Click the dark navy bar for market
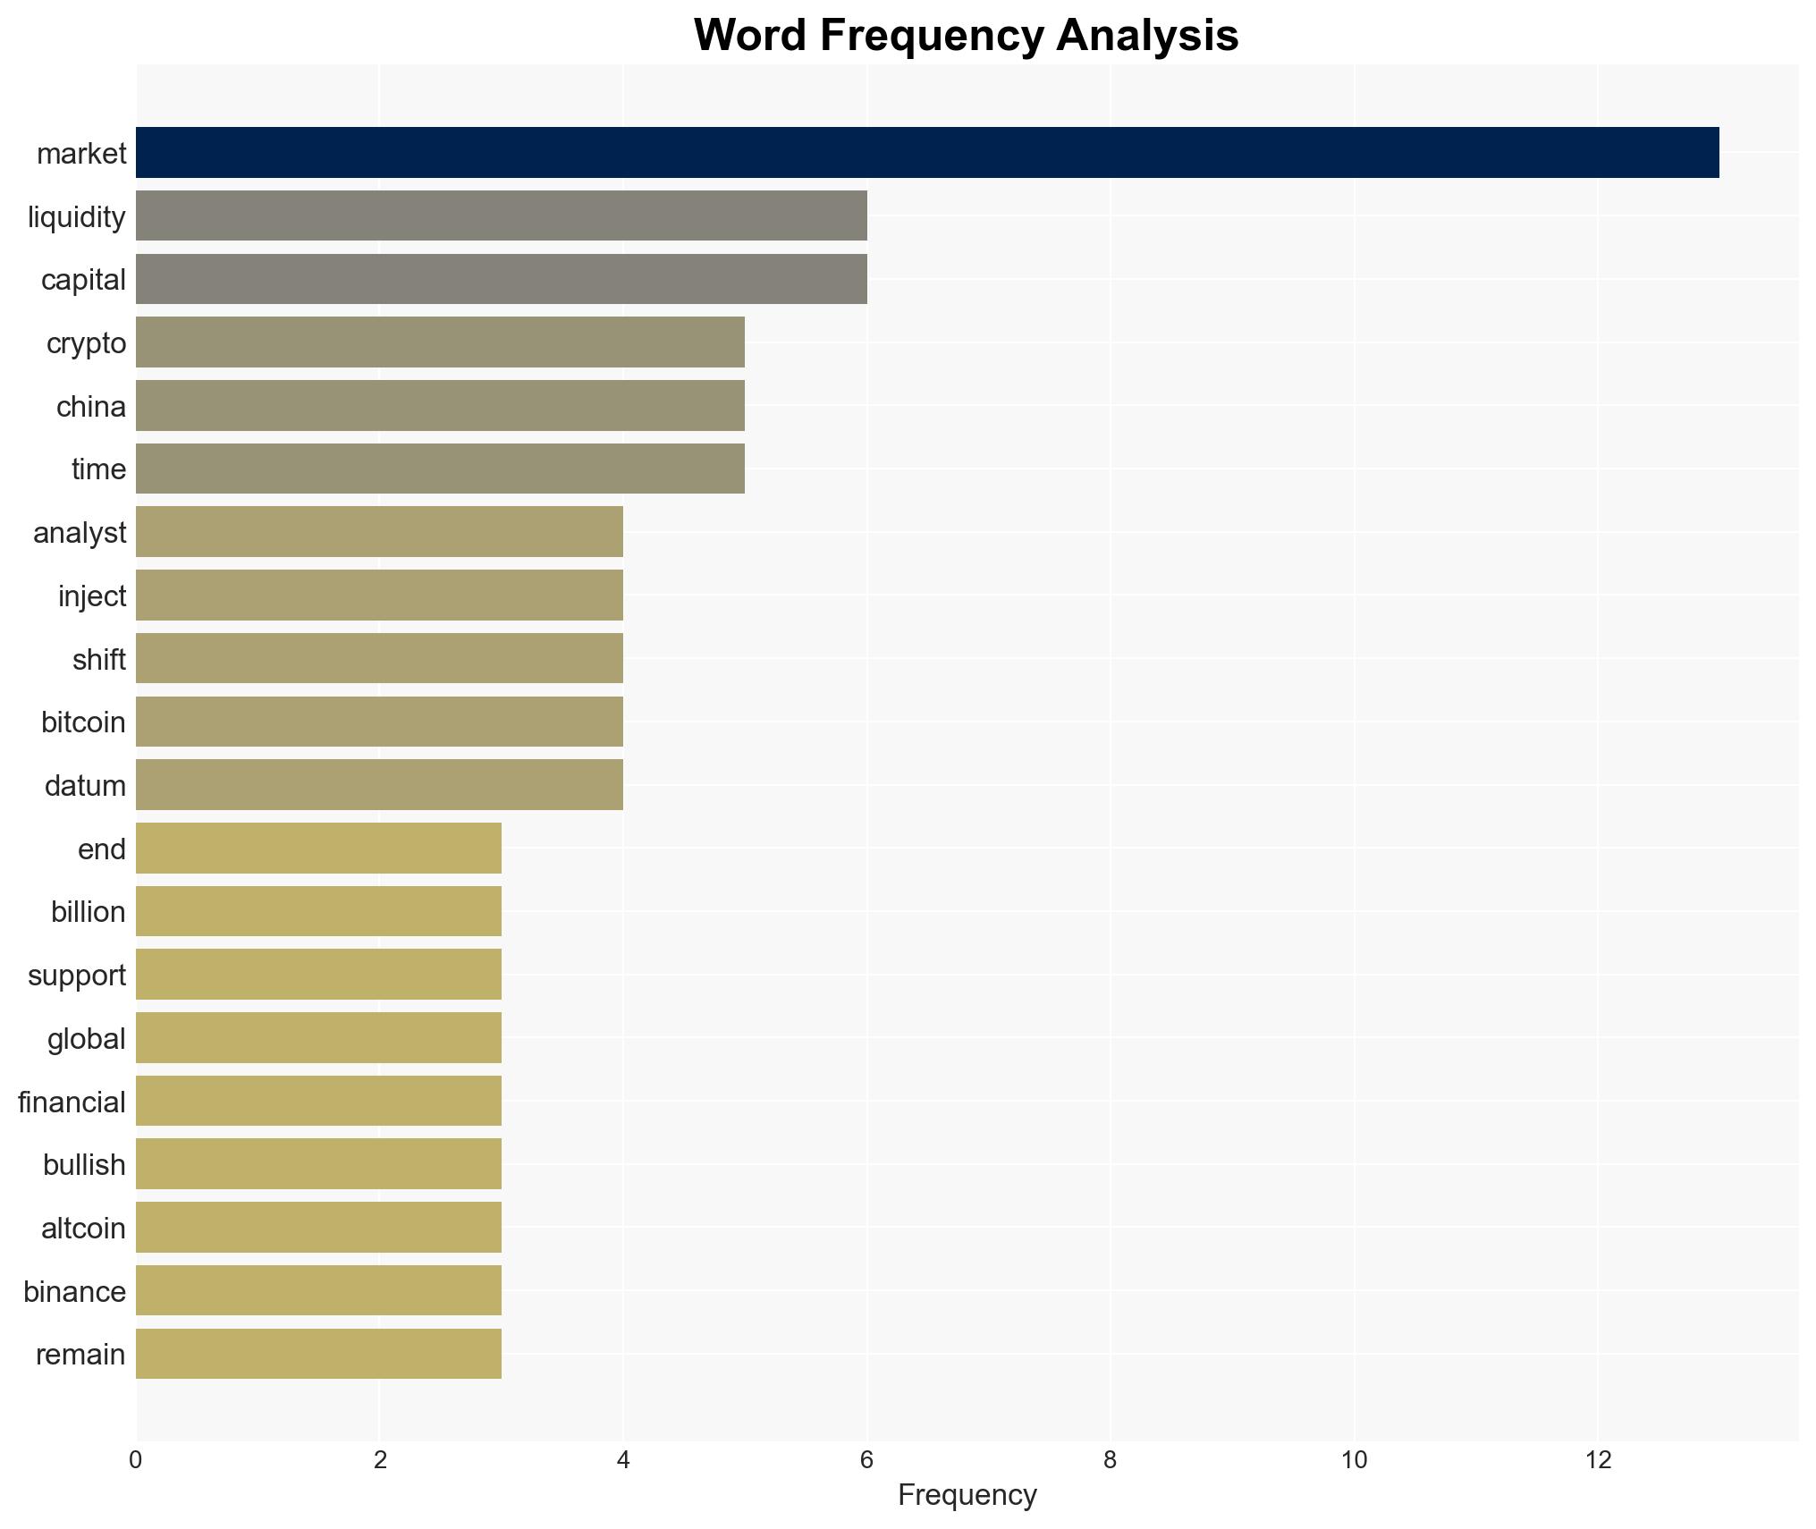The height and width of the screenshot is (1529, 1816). click(926, 153)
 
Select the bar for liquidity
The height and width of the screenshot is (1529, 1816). click(501, 215)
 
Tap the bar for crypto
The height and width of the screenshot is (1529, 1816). click(440, 342)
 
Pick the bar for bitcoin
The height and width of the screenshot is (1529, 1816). click(379, 722)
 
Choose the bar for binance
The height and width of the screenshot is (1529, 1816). click(318, 1290)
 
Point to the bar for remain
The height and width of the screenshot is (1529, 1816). click(318, 1354)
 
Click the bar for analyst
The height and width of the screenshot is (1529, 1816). click(379, 532)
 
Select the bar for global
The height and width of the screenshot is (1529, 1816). click(318, 1038)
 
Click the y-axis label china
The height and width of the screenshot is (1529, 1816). click(90, 407)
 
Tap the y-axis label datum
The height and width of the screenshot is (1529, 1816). click(85, 786)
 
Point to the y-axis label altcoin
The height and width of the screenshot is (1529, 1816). click(83, 1229)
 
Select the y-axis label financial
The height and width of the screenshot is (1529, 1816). click(72, 1102)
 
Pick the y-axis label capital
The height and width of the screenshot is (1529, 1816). click(83, 280)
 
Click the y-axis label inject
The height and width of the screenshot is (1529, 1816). click(92, 596)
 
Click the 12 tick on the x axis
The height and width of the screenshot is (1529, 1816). click(1598, 1460)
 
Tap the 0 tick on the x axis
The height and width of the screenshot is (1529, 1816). click(135, 1460)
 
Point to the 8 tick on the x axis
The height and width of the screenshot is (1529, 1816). click(1110, 1460)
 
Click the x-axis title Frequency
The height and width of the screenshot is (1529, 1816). click(967, 1495)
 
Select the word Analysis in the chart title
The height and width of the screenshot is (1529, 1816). click(1146, 36)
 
